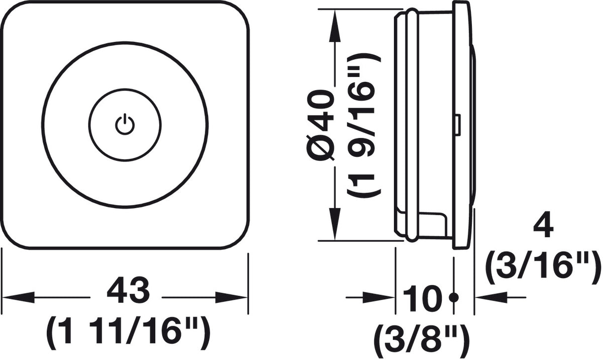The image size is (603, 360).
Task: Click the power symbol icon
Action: click(x=125, y=124)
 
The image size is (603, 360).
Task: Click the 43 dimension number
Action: click(x=128, y=291)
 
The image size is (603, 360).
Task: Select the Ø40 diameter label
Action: click(x=320, y=125)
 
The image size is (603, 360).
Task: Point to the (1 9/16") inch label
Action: click(x=364, y=126)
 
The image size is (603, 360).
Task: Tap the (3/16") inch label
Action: click(x=544, y=267)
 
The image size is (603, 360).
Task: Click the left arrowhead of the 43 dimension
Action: click(x=18, y=297)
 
